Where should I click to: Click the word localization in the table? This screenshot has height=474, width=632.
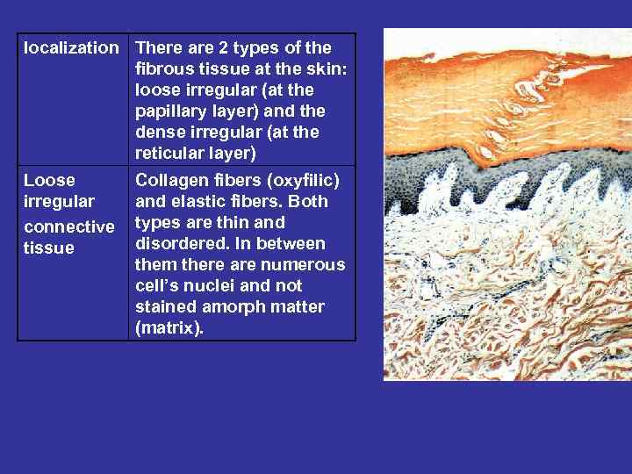(70, 48)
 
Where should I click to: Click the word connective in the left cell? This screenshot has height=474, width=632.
(68, 226)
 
